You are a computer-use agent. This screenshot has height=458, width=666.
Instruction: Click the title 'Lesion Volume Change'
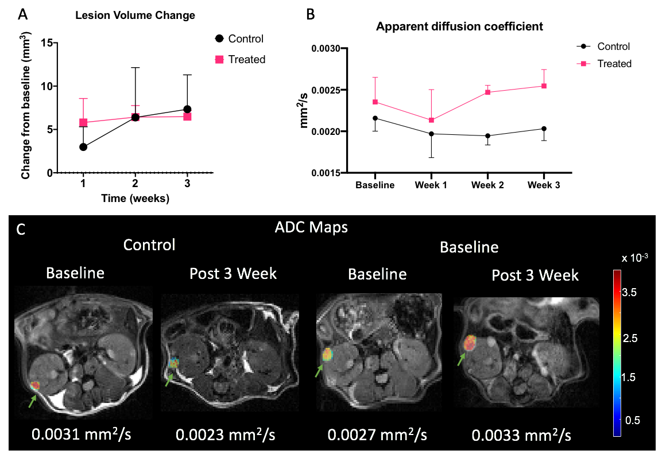[x=135, y=15]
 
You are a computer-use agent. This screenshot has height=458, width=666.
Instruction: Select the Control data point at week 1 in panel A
[x=83, y=147]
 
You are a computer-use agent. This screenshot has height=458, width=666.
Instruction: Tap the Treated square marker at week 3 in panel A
[x=187, y=117]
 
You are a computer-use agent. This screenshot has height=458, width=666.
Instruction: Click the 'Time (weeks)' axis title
[x=135, y=199]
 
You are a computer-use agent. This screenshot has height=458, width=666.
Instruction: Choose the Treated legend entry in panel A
[x=239, y=59]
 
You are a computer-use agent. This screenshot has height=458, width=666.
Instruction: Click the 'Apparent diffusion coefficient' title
[x=459, y=26]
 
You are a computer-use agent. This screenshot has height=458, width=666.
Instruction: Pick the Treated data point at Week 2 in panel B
[x=487, y=92]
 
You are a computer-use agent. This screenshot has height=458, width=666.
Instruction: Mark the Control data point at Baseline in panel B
[x=375, y=118]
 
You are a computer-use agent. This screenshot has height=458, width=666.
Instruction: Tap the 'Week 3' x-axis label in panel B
[x=544, y=185]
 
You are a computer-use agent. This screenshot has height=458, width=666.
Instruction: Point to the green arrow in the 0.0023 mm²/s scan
[x=168, y=380]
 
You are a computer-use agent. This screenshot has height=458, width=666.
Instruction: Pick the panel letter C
[x=22, y=230]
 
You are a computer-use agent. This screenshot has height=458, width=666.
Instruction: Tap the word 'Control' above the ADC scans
[x=149, y=244]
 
